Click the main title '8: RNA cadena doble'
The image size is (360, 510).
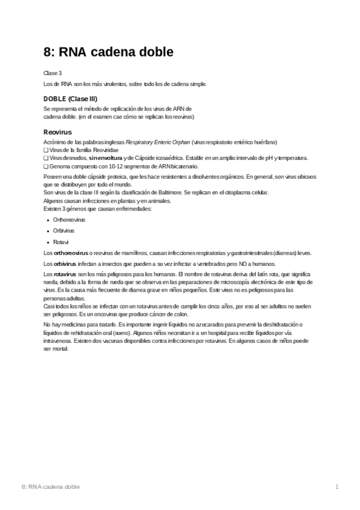(109, 52)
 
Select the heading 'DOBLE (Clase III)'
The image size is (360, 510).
(71, 99)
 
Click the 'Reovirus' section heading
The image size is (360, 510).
(58, 131)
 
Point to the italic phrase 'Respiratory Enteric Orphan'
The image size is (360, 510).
(157, 142)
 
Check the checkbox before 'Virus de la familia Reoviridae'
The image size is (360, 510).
(46, 150)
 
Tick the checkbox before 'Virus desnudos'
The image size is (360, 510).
(46, 158)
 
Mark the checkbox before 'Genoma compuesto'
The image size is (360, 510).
(46, 166)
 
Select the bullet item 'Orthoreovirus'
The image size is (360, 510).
(69, 220)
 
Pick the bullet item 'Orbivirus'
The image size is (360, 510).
(64, 230)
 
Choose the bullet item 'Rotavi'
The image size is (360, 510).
(60, 241)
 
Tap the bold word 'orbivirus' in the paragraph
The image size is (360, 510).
(65, 263)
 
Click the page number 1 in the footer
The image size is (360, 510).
(337, 486)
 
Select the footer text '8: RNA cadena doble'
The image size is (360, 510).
(50, 486)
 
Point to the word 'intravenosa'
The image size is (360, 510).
(56, 340)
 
